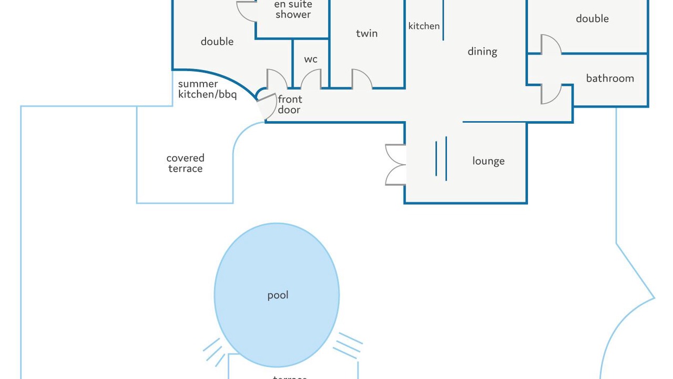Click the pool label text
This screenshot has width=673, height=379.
click(x=278, y=295)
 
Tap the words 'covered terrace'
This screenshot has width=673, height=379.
click(x=185, y=163)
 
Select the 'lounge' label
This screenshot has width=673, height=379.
click(x=488, y=161)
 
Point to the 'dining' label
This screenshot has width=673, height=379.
click(x=482, y=52)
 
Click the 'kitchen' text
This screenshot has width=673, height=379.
click(x=424, y=26)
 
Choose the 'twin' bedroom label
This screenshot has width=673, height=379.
click(x=366, y=33)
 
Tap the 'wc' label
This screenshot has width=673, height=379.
click(x=311, y=59)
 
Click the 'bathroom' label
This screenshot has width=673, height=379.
click(x=610, y=78)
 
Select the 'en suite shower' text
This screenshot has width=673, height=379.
click(x=293, y=9)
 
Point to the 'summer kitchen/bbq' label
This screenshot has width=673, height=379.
click(x=207, y=89)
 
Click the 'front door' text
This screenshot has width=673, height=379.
click(x=289, y=104)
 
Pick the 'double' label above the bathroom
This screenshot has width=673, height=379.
click(x=592, y=18)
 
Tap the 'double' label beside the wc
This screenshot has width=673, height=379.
click(x=217, y=42)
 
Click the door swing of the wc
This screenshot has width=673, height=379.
click(x=311, y=79)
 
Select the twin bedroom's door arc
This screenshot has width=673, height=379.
click(x=362, y=79)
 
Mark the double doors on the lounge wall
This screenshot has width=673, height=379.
click(x=395, y=165)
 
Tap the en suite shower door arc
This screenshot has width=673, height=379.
click(x=247, y=11)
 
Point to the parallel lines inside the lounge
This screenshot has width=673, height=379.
click(x=441, y=158)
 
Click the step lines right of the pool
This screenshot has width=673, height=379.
click(x=348, y=345)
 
